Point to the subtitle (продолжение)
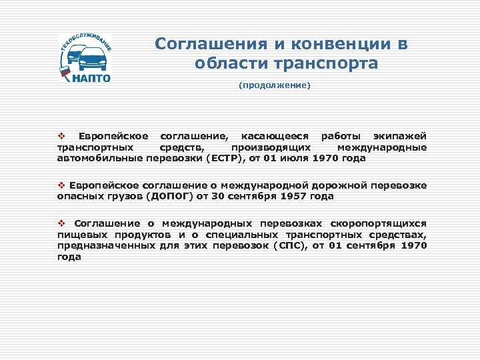pyautogui.click(x=275, y=85)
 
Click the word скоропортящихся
pyautogui.click(x=379, y=223)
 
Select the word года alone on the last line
pyautogui.click(x=69, y=257)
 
